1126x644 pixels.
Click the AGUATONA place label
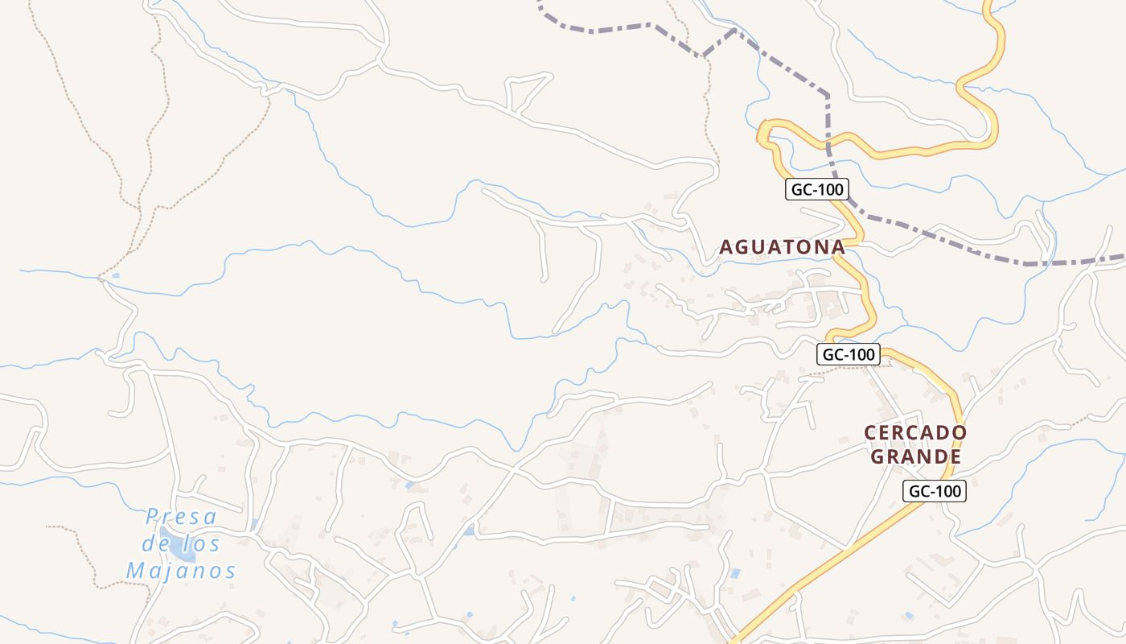[782, 247]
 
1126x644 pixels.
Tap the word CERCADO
[915, 433]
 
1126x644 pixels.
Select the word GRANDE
[916, 457]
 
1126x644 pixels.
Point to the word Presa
[182, 517]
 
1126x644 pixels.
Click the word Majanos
[181, 572]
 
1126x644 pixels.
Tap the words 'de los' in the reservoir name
[181, 544]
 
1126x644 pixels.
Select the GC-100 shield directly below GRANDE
[934, 491]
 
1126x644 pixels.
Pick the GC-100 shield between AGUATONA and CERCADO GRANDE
[849, 353]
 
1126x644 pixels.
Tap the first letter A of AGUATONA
[725, 247]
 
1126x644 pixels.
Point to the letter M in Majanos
[136, 572]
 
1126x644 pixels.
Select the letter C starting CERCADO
[870, 433]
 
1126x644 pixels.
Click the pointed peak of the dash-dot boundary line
[734, 31]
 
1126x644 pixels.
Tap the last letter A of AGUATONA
[838, 247]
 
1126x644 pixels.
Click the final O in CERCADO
[960, 433]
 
